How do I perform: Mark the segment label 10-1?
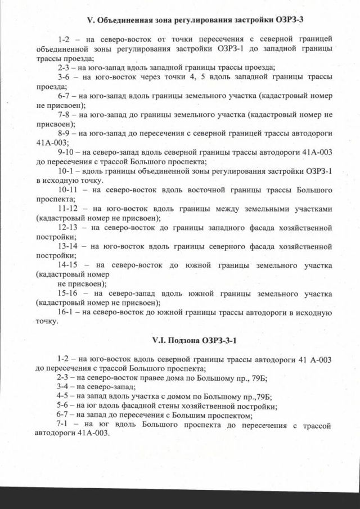point(66,171)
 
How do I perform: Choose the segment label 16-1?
point(66,313)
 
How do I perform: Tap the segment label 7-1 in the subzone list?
point(64,426)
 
